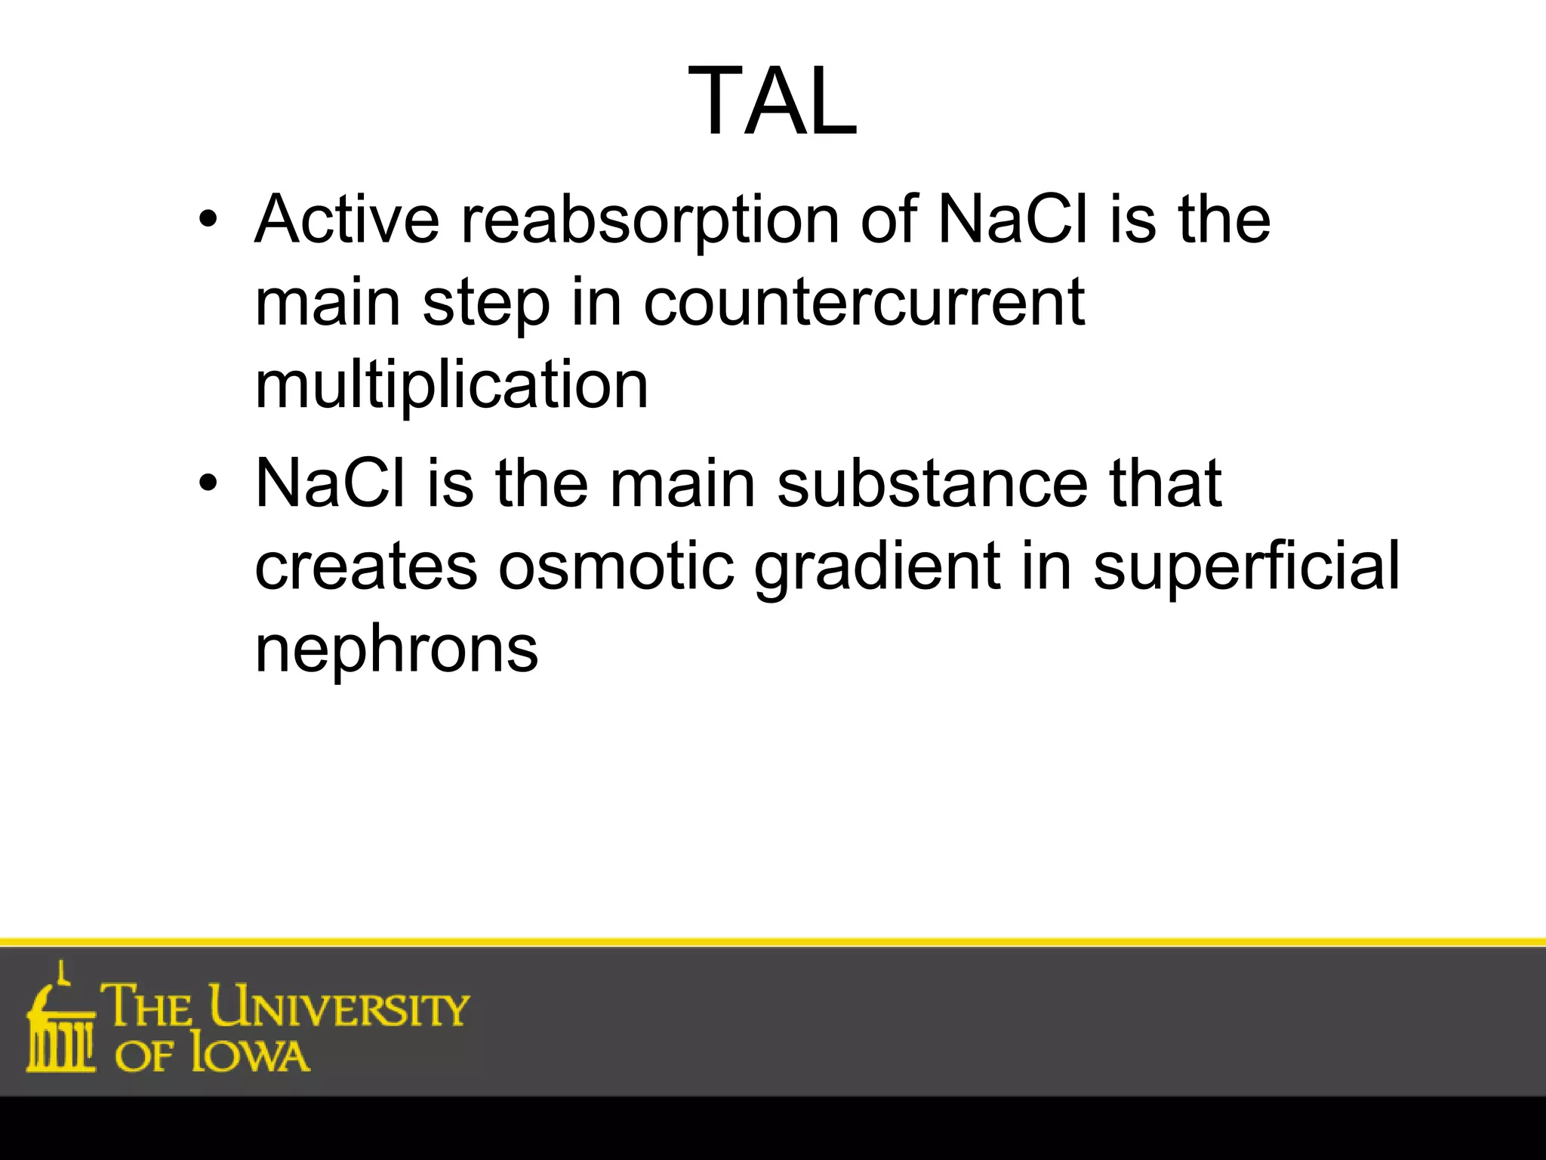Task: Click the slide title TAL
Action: pos(772,101)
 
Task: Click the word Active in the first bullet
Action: pos(347,220)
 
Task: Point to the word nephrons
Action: pos(396,649)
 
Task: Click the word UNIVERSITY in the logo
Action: pos(340,1007)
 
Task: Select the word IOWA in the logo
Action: pos(249,1055)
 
